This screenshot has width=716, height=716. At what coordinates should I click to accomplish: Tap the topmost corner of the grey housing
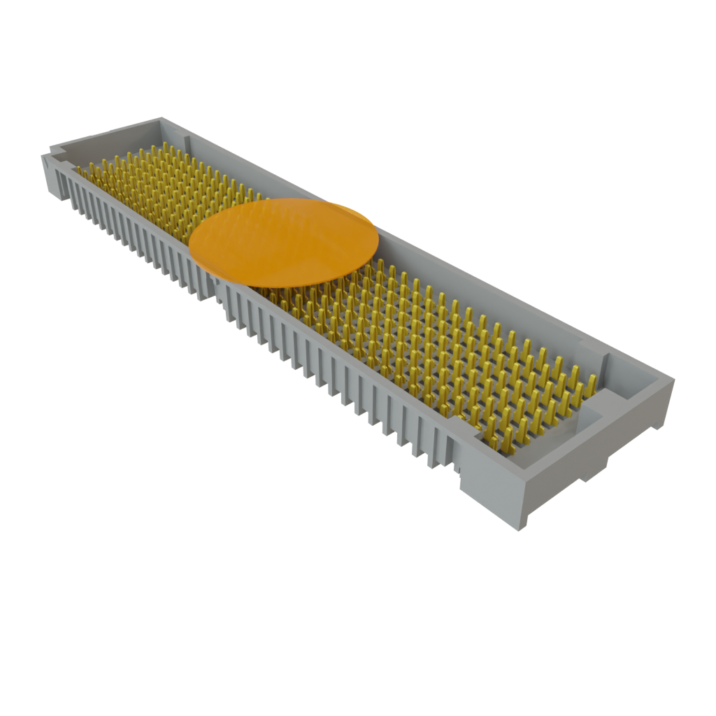click(x=163, y=118)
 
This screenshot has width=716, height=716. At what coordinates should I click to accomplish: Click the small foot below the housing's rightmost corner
click(x=594, y=470)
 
